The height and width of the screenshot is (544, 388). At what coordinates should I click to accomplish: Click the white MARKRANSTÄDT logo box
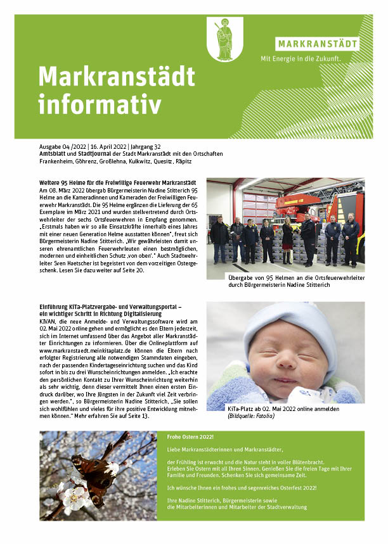(x=317, y=44)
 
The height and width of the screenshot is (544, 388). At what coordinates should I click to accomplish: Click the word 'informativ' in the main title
(x=100, y=104)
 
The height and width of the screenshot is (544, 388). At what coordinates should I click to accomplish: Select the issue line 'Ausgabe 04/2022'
(x=63, y=146)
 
